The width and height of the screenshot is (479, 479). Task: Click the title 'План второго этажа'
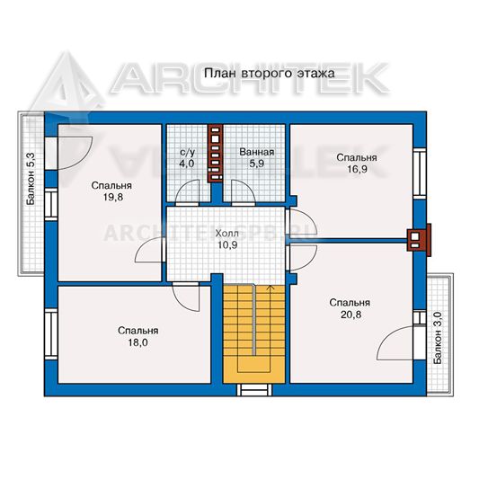269,74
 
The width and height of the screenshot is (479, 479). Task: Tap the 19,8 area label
113,197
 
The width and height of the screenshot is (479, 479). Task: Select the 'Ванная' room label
257,152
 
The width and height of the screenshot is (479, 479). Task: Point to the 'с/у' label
187,153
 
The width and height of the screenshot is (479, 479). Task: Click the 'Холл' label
227,234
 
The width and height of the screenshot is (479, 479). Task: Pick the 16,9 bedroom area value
357,169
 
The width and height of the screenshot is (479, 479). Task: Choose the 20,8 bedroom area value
350,315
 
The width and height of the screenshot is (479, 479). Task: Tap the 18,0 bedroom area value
137,342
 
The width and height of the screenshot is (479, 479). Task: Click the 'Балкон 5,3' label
31,179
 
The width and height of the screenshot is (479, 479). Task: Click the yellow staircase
254,333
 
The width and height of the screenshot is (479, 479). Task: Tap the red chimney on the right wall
419,239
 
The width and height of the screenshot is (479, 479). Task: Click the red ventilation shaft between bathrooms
216,154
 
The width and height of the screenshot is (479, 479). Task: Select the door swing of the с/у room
187,191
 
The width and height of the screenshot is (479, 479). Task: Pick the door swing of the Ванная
244,191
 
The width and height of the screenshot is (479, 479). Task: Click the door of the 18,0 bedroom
186,297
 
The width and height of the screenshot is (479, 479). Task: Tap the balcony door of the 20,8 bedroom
396,342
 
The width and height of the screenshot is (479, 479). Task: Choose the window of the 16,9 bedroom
420,173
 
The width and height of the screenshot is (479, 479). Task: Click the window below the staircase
254,390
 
